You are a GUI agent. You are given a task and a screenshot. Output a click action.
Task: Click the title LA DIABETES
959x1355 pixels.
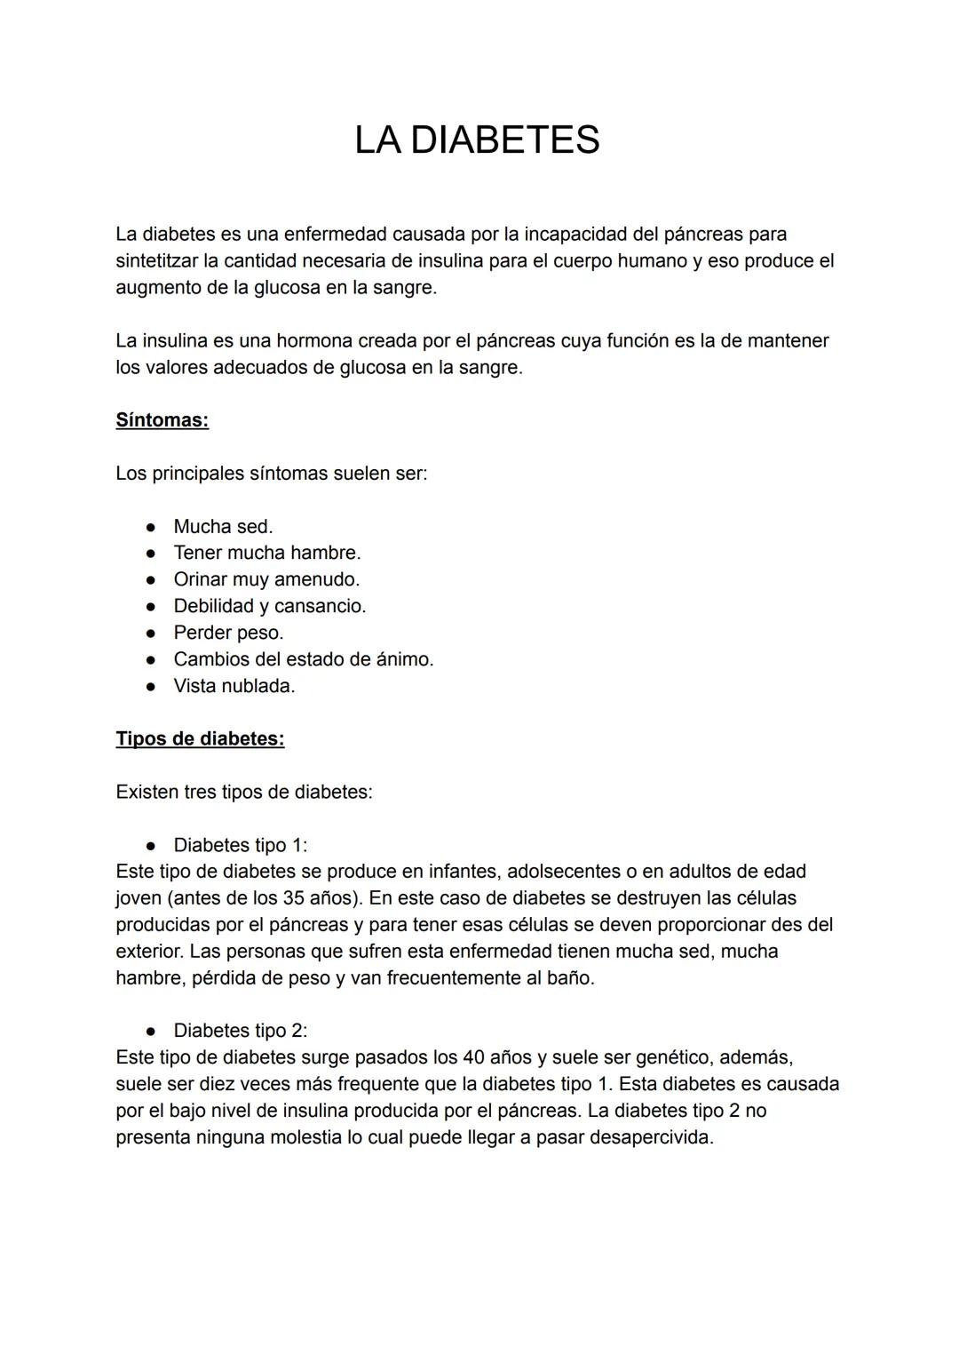click(x=477, y=140)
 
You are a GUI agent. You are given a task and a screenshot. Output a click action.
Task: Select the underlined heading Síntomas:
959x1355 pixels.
click(x=162, y=420)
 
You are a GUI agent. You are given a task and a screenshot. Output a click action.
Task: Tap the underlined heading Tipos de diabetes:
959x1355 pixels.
click(x=200, y=739)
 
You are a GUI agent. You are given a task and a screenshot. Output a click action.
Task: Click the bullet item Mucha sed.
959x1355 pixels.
click(x=223, y=527)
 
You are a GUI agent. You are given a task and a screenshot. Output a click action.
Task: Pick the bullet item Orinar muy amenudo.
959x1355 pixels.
click(x=266, y=580)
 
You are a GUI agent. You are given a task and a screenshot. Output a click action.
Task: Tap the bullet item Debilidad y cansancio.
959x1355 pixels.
click(x=269, y=607)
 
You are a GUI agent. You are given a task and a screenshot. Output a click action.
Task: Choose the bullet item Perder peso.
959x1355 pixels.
click(x=228, y=634)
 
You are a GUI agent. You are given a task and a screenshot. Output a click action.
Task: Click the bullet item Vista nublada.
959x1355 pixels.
click(x=234, y=687)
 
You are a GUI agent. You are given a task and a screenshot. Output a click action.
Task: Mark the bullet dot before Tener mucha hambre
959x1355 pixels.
click(x=152, y=554)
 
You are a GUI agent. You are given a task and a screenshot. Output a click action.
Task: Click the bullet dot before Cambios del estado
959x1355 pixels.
click(x=152, y=660)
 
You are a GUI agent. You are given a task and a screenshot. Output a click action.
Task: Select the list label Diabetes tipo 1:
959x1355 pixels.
click(x=240, y=845)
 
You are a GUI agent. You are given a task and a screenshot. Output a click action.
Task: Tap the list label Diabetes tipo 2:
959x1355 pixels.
click(x=240, y=1031)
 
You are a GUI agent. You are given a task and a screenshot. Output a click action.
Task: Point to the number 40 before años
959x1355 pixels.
click(x=474, y=1057)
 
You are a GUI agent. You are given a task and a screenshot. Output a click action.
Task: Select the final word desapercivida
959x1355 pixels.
click(x=651, y=1137)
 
